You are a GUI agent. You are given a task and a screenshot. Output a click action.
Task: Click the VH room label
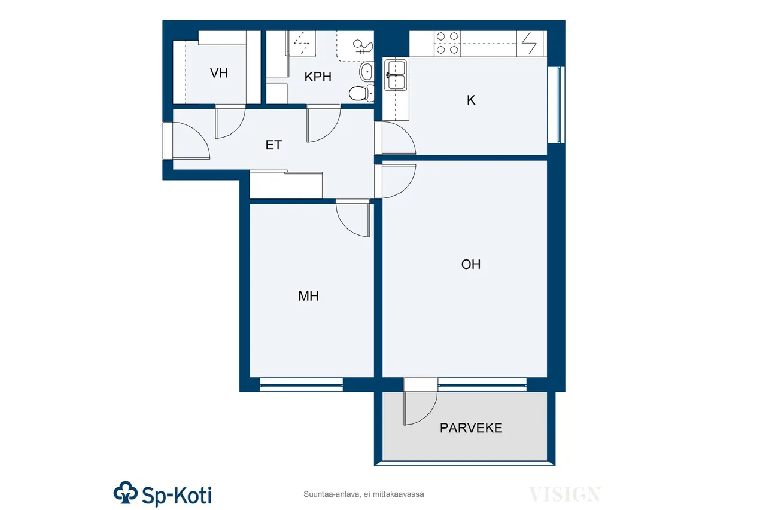[x=219, y=73]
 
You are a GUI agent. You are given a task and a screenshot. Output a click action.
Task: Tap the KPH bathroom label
[x=318, y=77]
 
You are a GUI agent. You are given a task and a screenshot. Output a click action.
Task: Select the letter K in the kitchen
[x=471, y=100]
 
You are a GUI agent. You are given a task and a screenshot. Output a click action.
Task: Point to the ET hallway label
[x=273, y=145]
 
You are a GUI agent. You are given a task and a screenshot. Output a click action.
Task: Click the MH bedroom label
[x=308, y=296]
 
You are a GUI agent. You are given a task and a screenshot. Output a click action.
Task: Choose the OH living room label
[x=470, y=264]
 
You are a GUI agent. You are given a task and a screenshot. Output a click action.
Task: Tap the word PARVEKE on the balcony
[x=471, y=427]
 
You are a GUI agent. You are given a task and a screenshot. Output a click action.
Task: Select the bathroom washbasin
[x=366, y=72]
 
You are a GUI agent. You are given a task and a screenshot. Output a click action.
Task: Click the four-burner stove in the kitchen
[x=447, y=44]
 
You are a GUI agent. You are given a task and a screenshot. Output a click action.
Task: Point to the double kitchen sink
[x=396, y=75]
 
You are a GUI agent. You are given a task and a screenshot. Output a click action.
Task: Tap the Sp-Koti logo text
[x=177, y=495]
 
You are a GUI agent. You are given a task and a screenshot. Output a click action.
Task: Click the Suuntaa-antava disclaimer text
[x=363, y=494]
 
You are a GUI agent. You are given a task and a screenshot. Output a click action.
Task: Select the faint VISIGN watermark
[x=564, y=494]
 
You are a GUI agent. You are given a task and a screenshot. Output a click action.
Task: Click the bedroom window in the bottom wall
[x=301, y=384]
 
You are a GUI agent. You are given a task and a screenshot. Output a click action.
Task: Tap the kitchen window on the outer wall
[x=556, y=105]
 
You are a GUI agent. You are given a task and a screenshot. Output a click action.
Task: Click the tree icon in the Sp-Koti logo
[x=126, y=492]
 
